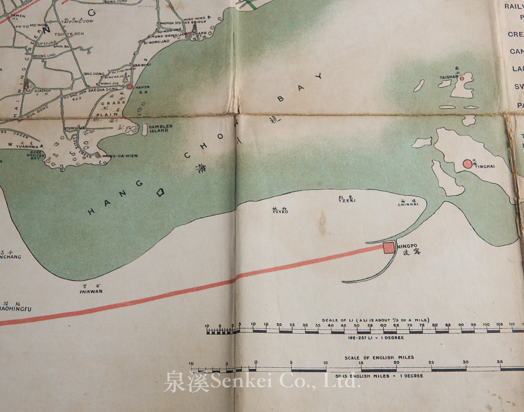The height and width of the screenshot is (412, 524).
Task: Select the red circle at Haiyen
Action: (x=130, y=87)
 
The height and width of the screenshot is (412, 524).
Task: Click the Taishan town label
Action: (x=448, y=77)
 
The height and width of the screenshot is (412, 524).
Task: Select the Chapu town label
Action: (x=200, y=34)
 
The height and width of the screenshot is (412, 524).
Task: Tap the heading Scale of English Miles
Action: (x=379, y=357)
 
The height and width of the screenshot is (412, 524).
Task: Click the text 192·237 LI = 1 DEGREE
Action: (x=376, y=338)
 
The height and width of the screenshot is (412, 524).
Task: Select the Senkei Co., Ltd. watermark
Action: (x=262, y=382)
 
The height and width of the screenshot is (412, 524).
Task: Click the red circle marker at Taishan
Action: (x=461, y=79)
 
